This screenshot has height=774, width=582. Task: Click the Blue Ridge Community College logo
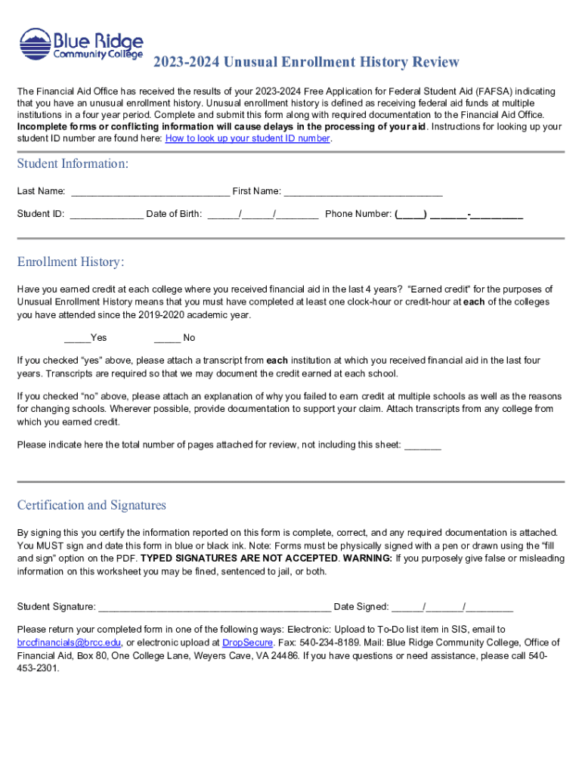click(81, 45)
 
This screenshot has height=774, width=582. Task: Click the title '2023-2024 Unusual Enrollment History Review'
click(306, 62)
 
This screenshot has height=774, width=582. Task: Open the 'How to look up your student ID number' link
click(247, 139)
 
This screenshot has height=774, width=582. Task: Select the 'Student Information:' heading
click(73, 164)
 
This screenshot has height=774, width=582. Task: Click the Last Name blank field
click(149, 192)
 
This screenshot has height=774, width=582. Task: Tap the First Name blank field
click(363, 192)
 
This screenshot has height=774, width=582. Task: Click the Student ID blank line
click(106, 215)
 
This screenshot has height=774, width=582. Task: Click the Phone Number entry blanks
click(459, 215)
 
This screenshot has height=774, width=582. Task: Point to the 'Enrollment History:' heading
click(70, 262)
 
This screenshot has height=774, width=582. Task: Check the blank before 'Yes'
click(76, 338)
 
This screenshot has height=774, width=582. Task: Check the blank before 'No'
click(166, 338)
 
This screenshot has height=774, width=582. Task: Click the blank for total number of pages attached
click(423, 445)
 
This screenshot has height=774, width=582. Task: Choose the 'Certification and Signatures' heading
click(91, 505)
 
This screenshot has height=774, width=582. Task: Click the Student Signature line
click(214, 607)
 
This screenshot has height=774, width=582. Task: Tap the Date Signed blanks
click(452, 607)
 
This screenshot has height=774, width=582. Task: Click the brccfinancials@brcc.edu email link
click(68, 642)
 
